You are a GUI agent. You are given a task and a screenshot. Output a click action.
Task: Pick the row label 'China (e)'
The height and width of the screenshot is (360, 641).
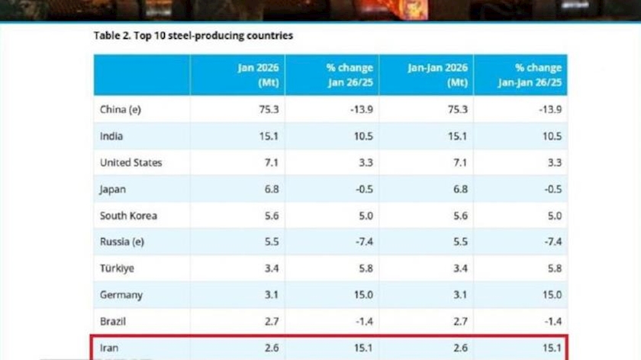tap(121, 110)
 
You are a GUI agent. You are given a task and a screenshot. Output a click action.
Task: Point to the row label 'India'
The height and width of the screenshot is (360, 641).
tap(111, 137)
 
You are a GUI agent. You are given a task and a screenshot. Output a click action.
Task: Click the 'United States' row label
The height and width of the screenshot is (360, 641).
tap(131, 162)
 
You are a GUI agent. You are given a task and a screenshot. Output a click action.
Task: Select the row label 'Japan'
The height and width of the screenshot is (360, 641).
tap(113, 189)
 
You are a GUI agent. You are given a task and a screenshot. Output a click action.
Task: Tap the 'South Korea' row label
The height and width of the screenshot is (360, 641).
tap(128, 216)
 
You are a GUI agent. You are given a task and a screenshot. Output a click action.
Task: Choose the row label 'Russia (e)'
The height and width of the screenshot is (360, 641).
tap(123, 242)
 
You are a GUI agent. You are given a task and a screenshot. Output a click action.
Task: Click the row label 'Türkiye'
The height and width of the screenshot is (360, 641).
tap(117, 268)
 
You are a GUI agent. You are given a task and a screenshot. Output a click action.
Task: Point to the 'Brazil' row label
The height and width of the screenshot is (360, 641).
tap(114, 321)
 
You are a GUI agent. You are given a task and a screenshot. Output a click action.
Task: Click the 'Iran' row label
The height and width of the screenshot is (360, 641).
tap(109, 348)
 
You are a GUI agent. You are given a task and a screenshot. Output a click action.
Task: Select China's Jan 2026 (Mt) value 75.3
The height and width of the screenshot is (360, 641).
tap(269, 110)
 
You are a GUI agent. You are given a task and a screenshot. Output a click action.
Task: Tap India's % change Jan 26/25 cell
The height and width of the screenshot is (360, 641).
tap(361, 137)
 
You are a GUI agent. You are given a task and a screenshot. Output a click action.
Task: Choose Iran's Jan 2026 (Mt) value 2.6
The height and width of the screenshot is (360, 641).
tap(272, 348)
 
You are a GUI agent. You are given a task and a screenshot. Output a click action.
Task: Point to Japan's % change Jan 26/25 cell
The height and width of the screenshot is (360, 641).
tap(360, 189)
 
